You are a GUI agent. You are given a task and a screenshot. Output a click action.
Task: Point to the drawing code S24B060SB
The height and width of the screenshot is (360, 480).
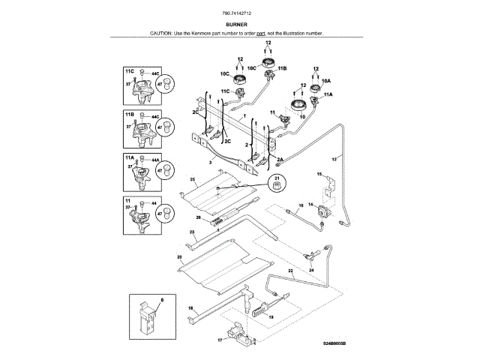pyautogui.click(x=335, y=343)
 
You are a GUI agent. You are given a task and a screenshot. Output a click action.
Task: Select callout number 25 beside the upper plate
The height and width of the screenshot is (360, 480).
pyautogui.click(x=193, y=180)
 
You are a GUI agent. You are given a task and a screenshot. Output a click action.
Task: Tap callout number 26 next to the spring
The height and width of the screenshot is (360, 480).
pyautogui.click(x=199, y=218)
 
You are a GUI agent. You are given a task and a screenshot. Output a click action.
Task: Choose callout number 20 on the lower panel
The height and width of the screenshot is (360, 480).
pyautogui.click(x=179, y=257)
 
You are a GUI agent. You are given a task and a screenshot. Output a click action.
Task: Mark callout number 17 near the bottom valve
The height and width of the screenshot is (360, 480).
pyautogui.click(x=220, y=339)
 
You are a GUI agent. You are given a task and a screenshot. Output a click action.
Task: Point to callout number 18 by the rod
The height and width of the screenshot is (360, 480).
pyautogui.click(x=190, y=308)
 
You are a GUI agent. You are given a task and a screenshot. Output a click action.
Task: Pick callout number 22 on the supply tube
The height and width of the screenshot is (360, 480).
pyautogui.click(x=290, y=270)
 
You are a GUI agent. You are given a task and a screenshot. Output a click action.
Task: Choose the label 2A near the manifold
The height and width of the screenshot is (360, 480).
pyautogui.click(x=280, y=160)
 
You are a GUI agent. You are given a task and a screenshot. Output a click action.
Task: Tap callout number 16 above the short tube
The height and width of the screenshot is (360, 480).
pyautogui.click(x=300, y=205)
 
